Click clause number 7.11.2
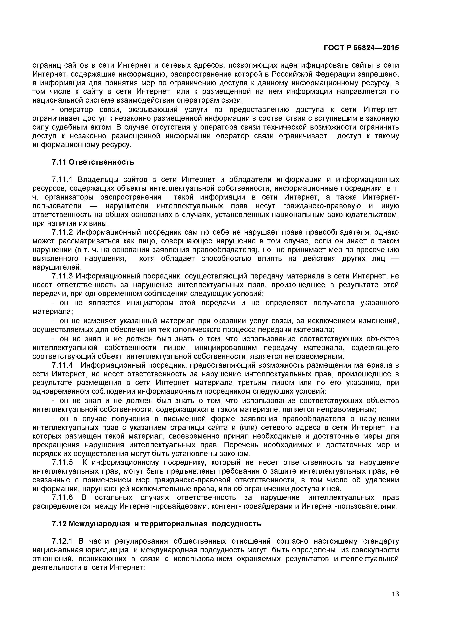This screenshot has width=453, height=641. click(62, 232)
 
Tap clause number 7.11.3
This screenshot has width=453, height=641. click(62, 276)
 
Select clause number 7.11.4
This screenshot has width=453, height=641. click(62, 365)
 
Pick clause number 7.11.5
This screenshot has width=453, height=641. click(62, 462)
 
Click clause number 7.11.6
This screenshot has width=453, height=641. click(62, 498)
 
